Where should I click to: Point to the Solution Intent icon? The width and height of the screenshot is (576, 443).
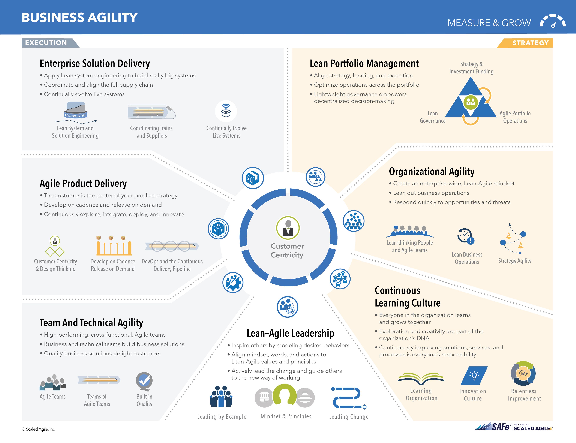point(76,110)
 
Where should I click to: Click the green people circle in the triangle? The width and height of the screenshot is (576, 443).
point(471,102)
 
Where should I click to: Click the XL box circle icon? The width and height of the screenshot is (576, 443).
point(253,178)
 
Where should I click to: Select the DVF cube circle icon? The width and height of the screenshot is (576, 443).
point(218,229)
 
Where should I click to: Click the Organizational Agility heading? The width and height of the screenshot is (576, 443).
point(431,171)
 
